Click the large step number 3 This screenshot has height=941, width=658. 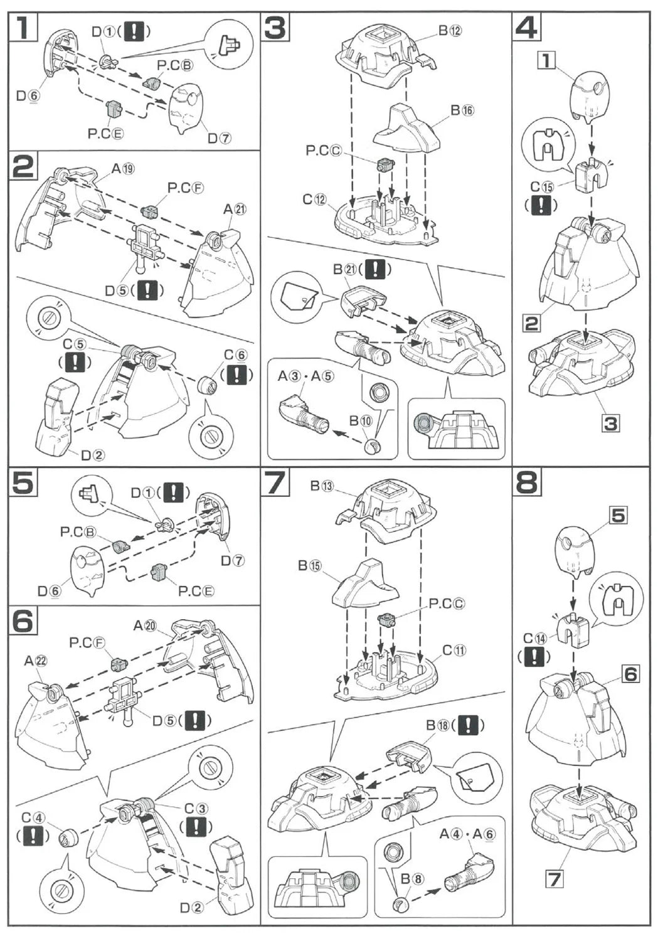pos(276,28)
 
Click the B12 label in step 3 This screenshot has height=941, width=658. pos(450,30)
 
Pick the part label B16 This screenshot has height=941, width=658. pos(462,110)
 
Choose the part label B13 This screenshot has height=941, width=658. pos(325,486)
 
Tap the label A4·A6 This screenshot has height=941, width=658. pos(467,834)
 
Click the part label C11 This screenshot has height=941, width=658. pos(455,650)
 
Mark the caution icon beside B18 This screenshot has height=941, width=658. pos(468,725)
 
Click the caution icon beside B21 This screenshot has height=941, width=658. pos(374,270)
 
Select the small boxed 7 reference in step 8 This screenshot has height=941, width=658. pos(554,879)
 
